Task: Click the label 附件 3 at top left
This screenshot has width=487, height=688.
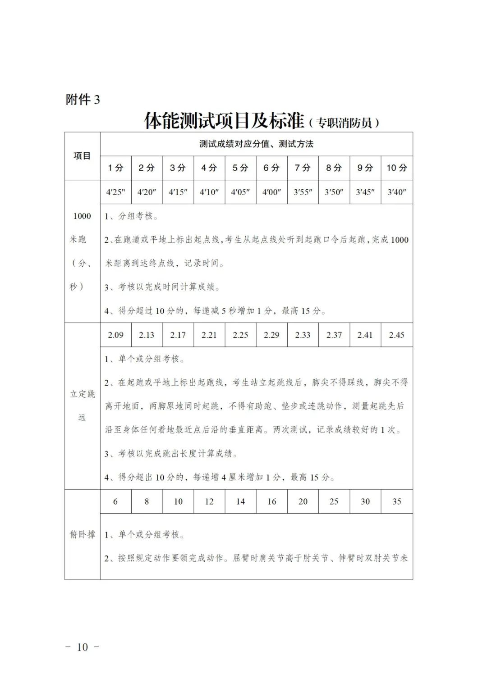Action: [83, 99]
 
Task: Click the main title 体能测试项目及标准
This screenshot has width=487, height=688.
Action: [225, 121]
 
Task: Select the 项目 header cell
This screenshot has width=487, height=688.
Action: [82, 156]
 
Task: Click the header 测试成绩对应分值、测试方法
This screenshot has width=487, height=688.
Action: [256, 144]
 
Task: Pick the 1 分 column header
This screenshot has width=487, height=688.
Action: [115, 168]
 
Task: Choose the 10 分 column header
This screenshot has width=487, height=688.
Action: [397, 168]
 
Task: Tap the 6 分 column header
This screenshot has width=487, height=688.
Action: [271, 168]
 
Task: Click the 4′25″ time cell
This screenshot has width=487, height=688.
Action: [115, 192]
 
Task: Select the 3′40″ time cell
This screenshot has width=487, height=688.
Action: [397, 192]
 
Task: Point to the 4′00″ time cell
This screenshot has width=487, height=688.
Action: [271, 192]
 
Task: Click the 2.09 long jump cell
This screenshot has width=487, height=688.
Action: [115, 335]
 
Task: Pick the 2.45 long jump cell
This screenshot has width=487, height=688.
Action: [397, 335]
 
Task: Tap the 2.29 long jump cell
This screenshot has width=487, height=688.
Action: [271, 335]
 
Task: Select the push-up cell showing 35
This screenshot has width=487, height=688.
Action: [397, 501]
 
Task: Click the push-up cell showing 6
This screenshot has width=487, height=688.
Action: [115, 501]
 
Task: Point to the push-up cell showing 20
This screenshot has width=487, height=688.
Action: [303, 501]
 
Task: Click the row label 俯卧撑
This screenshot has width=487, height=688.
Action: [82, 534]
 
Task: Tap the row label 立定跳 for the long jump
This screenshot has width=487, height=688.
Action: [82, 394]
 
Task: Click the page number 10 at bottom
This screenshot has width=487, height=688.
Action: [82, 647]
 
